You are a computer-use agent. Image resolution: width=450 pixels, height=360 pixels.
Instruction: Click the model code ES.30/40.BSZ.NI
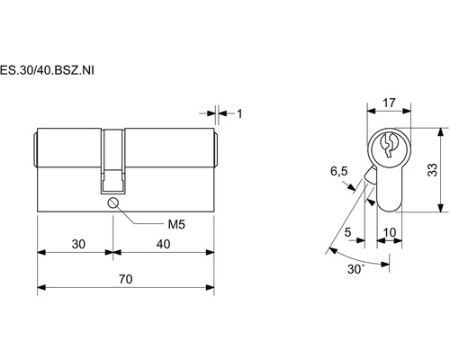(47, 70)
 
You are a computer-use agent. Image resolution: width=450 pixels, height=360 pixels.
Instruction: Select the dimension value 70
(126, 279)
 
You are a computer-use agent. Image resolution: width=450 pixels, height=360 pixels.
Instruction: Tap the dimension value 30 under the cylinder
(78, 244)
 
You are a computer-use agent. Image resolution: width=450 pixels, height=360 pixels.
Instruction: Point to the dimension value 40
(164, 244)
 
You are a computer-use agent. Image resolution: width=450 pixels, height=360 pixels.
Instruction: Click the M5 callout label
(176, 224)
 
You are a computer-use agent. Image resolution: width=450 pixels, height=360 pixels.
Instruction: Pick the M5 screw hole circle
(113, 202)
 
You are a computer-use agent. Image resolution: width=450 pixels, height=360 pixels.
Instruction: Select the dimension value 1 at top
(239, 113)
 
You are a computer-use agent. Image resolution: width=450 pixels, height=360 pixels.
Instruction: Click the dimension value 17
(389, 103)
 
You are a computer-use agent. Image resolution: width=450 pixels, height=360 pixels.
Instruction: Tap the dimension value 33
(433, 170)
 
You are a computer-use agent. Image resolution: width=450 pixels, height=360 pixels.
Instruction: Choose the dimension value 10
(390, 232)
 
